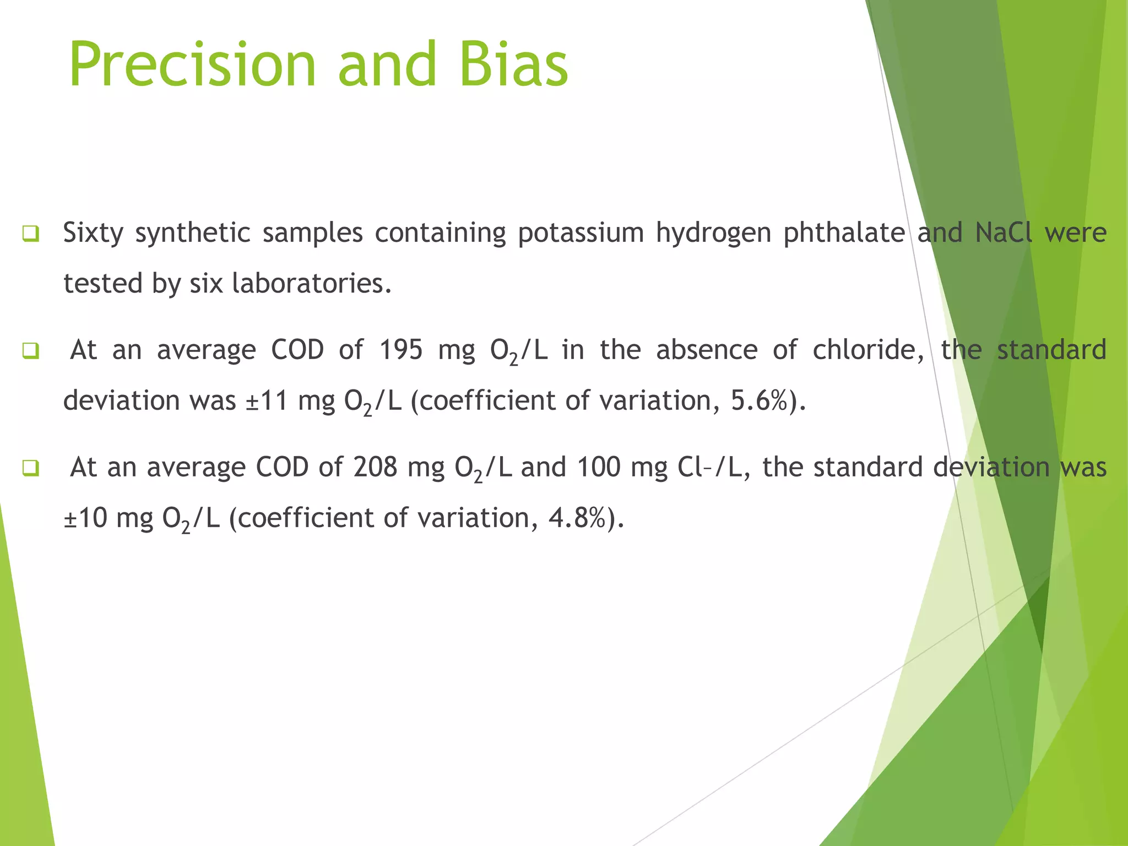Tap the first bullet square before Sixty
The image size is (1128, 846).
pos(31,234)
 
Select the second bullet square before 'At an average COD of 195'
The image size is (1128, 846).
pos(31,351)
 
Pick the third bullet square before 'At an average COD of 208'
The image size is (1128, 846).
pos(31,468)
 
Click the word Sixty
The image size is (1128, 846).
pos(93,232)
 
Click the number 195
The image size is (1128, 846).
pos(401,350)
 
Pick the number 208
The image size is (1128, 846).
pos(375,468)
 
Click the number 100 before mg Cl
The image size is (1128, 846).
pos(599,468)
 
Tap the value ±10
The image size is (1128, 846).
pos(85,518)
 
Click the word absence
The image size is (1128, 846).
pos(707,350)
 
